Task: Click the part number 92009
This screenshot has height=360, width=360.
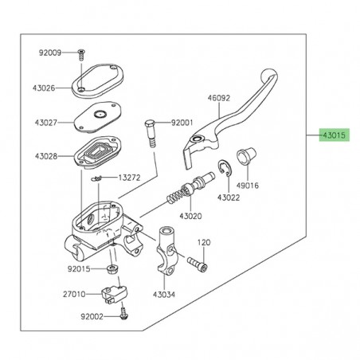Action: (x=50, y=53)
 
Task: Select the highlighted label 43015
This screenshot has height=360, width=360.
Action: (x=333, y=135)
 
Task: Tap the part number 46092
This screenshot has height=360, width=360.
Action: (x=196, y=98)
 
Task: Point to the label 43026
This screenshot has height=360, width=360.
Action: (x=45, y=88)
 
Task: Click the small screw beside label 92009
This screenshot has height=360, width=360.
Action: (x=80, y=54)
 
